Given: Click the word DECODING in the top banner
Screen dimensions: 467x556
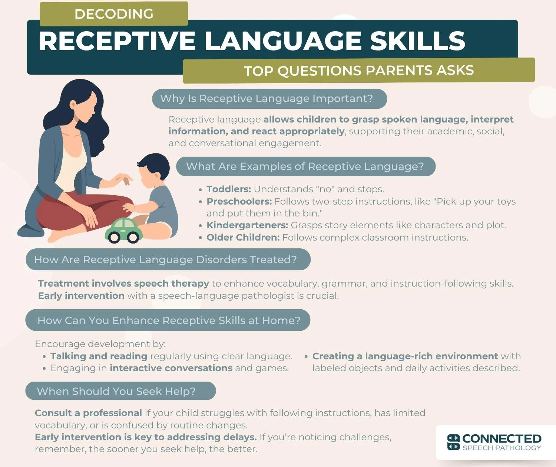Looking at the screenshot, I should [114, 14].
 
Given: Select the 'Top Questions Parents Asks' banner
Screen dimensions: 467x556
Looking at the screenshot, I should [358, 71].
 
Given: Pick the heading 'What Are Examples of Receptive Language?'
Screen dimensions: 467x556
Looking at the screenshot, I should [305, 166].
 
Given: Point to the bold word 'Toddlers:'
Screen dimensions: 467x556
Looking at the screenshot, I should [229, 189].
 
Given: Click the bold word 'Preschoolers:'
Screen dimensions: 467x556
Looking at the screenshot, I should [239, 201].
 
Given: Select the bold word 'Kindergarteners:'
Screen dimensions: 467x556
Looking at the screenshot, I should [247, 225].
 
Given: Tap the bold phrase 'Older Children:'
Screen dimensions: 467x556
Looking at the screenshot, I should [243, 237].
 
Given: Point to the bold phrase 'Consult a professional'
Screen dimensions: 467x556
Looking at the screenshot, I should [88, 413].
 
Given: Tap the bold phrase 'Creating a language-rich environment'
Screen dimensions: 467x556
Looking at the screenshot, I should [405, 356].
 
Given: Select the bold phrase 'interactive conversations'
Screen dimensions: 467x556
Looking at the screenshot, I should [171, 368].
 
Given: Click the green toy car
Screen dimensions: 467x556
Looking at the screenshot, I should [124, 231].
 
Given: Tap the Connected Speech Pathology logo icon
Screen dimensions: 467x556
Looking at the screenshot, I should [453, 442].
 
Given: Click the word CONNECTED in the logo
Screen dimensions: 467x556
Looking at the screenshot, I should [502, 438].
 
